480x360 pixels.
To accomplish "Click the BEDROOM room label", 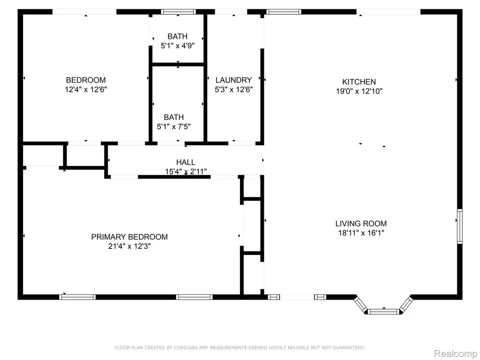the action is click(86, 80).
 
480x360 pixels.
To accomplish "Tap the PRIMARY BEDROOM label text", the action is click(129, 237).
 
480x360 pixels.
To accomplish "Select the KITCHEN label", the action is click(359, 82).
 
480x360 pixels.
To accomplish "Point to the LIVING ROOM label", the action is click(361, 224).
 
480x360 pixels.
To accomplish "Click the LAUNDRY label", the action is click(233, 80).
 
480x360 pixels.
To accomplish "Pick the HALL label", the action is click(186, 162).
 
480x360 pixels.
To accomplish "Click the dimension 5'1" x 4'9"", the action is click(178, 46).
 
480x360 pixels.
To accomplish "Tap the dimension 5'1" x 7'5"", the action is click(174, 127).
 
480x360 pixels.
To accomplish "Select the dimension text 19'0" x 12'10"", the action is click(359, 91).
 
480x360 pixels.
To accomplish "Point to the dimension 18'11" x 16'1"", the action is click(361, 233).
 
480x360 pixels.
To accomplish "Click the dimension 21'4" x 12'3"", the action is click(129, 247).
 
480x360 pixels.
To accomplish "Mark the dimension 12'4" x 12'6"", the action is click(86, 90).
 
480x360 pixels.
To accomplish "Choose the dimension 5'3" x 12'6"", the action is click(233, 90).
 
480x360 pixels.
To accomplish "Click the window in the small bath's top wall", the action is click(179, 12).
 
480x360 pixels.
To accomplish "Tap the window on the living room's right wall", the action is click(459, 226).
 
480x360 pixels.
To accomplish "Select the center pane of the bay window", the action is click(383, 312).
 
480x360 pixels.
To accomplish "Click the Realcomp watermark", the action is click(455, 353).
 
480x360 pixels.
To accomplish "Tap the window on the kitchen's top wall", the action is click(284, 12).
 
